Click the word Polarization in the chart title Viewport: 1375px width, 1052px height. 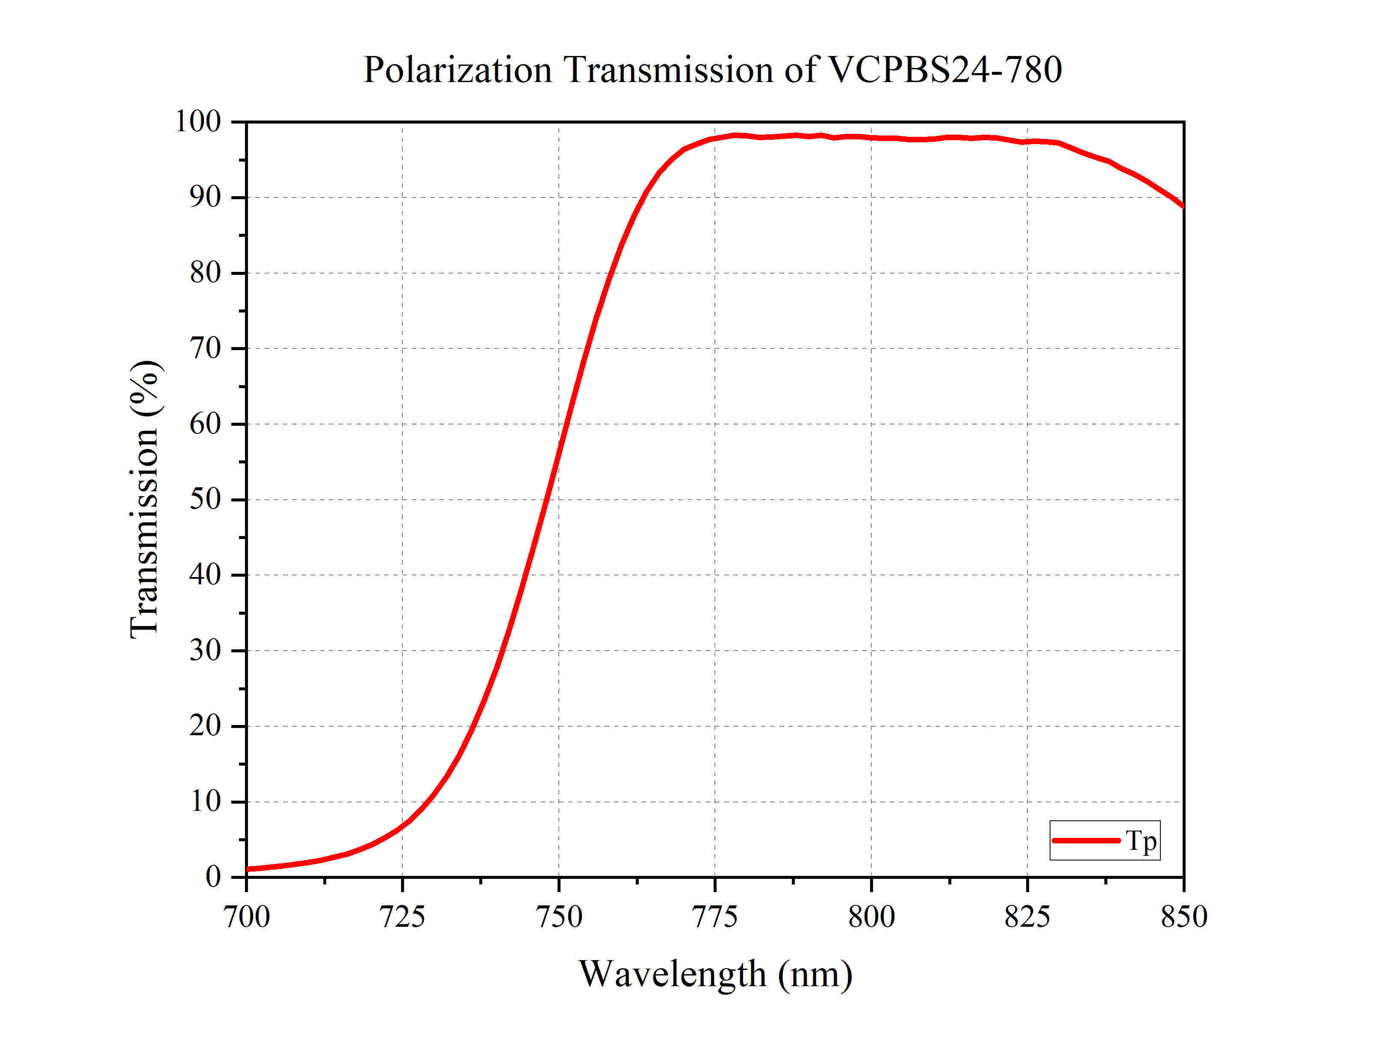[457, 70]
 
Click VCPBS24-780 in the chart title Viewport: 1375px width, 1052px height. [945, 70]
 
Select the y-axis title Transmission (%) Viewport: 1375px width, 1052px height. [145, 499]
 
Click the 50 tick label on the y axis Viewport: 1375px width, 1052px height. [205, 499]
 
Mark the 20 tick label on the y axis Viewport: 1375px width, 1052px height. [205, 726]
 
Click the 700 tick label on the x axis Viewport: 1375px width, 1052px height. [247, 917]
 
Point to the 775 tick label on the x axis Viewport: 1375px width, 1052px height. [714, 917]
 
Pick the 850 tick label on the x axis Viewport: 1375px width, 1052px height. [1183, 917]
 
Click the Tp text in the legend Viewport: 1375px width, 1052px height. [1141, 840]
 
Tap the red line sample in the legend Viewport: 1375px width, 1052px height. [1086, 840]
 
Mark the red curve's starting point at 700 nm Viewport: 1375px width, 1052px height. [248, 869]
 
